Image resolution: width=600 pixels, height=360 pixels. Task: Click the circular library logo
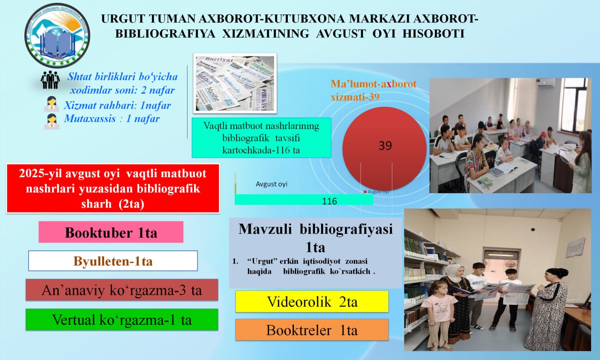click(57, 36)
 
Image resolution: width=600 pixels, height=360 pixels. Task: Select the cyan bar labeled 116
click(304, 200)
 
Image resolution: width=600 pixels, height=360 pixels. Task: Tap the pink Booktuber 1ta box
click(111, 232)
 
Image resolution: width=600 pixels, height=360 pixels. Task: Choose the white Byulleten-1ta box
click(112, 261)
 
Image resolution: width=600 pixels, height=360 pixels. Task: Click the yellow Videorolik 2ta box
click(312, 301)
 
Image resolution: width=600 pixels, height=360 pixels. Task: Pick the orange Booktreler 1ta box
click(312, 330)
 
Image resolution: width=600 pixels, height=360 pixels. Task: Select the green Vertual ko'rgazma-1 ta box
click(122, 320)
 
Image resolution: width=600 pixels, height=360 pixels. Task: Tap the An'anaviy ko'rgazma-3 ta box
click(122, 290)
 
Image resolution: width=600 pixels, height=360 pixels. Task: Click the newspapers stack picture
click(235, 83)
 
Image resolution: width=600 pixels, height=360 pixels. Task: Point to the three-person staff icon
click(50, 80)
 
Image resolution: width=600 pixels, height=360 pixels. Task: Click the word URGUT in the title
click(122, 19)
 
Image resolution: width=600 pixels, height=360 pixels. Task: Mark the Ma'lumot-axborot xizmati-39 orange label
click(373, 90)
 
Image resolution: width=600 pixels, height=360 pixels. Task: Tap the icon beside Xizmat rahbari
click(51, 105)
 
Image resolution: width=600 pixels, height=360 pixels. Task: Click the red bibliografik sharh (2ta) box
click(113, 188)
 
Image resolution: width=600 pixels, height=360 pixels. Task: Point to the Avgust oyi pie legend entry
click(377, 192)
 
